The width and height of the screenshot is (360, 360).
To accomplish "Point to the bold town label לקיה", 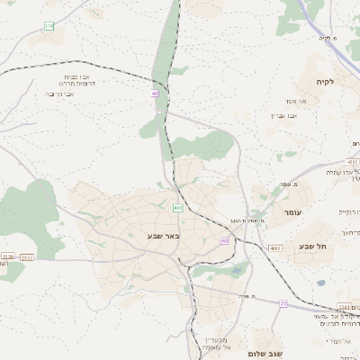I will click(x=324, y=82).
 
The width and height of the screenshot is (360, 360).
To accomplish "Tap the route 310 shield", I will click(x=48, y=26).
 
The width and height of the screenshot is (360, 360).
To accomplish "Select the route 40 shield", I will click(x=156, y=93).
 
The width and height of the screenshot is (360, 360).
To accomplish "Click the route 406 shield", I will click(x=178, y=209).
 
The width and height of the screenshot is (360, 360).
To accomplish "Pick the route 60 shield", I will click(x=224, y=240).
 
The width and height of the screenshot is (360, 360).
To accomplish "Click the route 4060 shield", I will click(x=274, y=248).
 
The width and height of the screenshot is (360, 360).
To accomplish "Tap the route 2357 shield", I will click(x=26, y=257).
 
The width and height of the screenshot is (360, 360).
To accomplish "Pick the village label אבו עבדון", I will click(x=282, y=115).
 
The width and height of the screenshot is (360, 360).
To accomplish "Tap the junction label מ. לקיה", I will click(x=326, y=38).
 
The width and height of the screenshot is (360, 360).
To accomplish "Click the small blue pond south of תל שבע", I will click(x=321, y=283).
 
